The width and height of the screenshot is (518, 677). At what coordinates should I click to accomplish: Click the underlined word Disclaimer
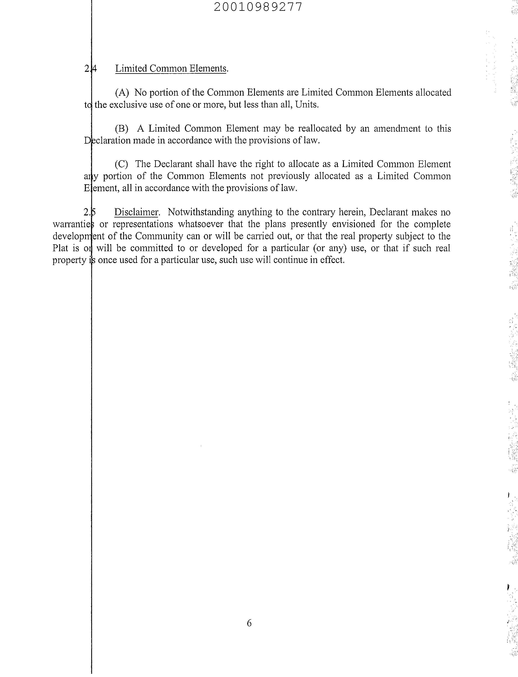click(x=136, y=212)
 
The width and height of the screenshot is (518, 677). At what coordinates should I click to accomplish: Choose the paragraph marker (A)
click(x=122, y=92)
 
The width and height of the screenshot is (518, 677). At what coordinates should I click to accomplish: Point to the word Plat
click(x=60, y=248)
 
